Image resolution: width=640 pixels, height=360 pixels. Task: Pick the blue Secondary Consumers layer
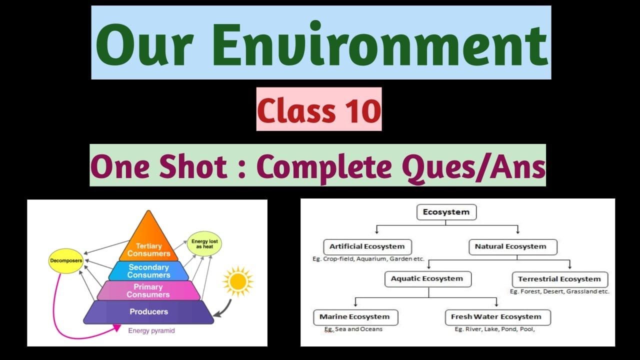(148, 271)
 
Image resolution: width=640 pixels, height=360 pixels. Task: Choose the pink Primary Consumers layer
(148, 290)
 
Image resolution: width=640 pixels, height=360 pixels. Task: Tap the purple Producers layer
(148, 312)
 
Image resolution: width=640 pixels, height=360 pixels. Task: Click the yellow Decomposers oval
(66, 260)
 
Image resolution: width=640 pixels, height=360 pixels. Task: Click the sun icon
(237, 281)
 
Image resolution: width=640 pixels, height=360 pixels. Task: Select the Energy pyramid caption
(151, 330)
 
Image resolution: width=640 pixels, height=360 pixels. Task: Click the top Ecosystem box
(446, 212)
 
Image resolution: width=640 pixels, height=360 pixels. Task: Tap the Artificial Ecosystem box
(367, 246)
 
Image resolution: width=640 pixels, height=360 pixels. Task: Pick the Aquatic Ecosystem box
(427, 278)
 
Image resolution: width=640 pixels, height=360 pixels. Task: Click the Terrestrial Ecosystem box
(559, 279)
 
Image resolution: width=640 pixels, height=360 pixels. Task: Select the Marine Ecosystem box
(355, 317)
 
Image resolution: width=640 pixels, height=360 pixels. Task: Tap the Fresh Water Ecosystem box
(496, 317)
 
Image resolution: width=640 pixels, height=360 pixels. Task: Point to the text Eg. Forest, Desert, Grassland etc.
(559, 291)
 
